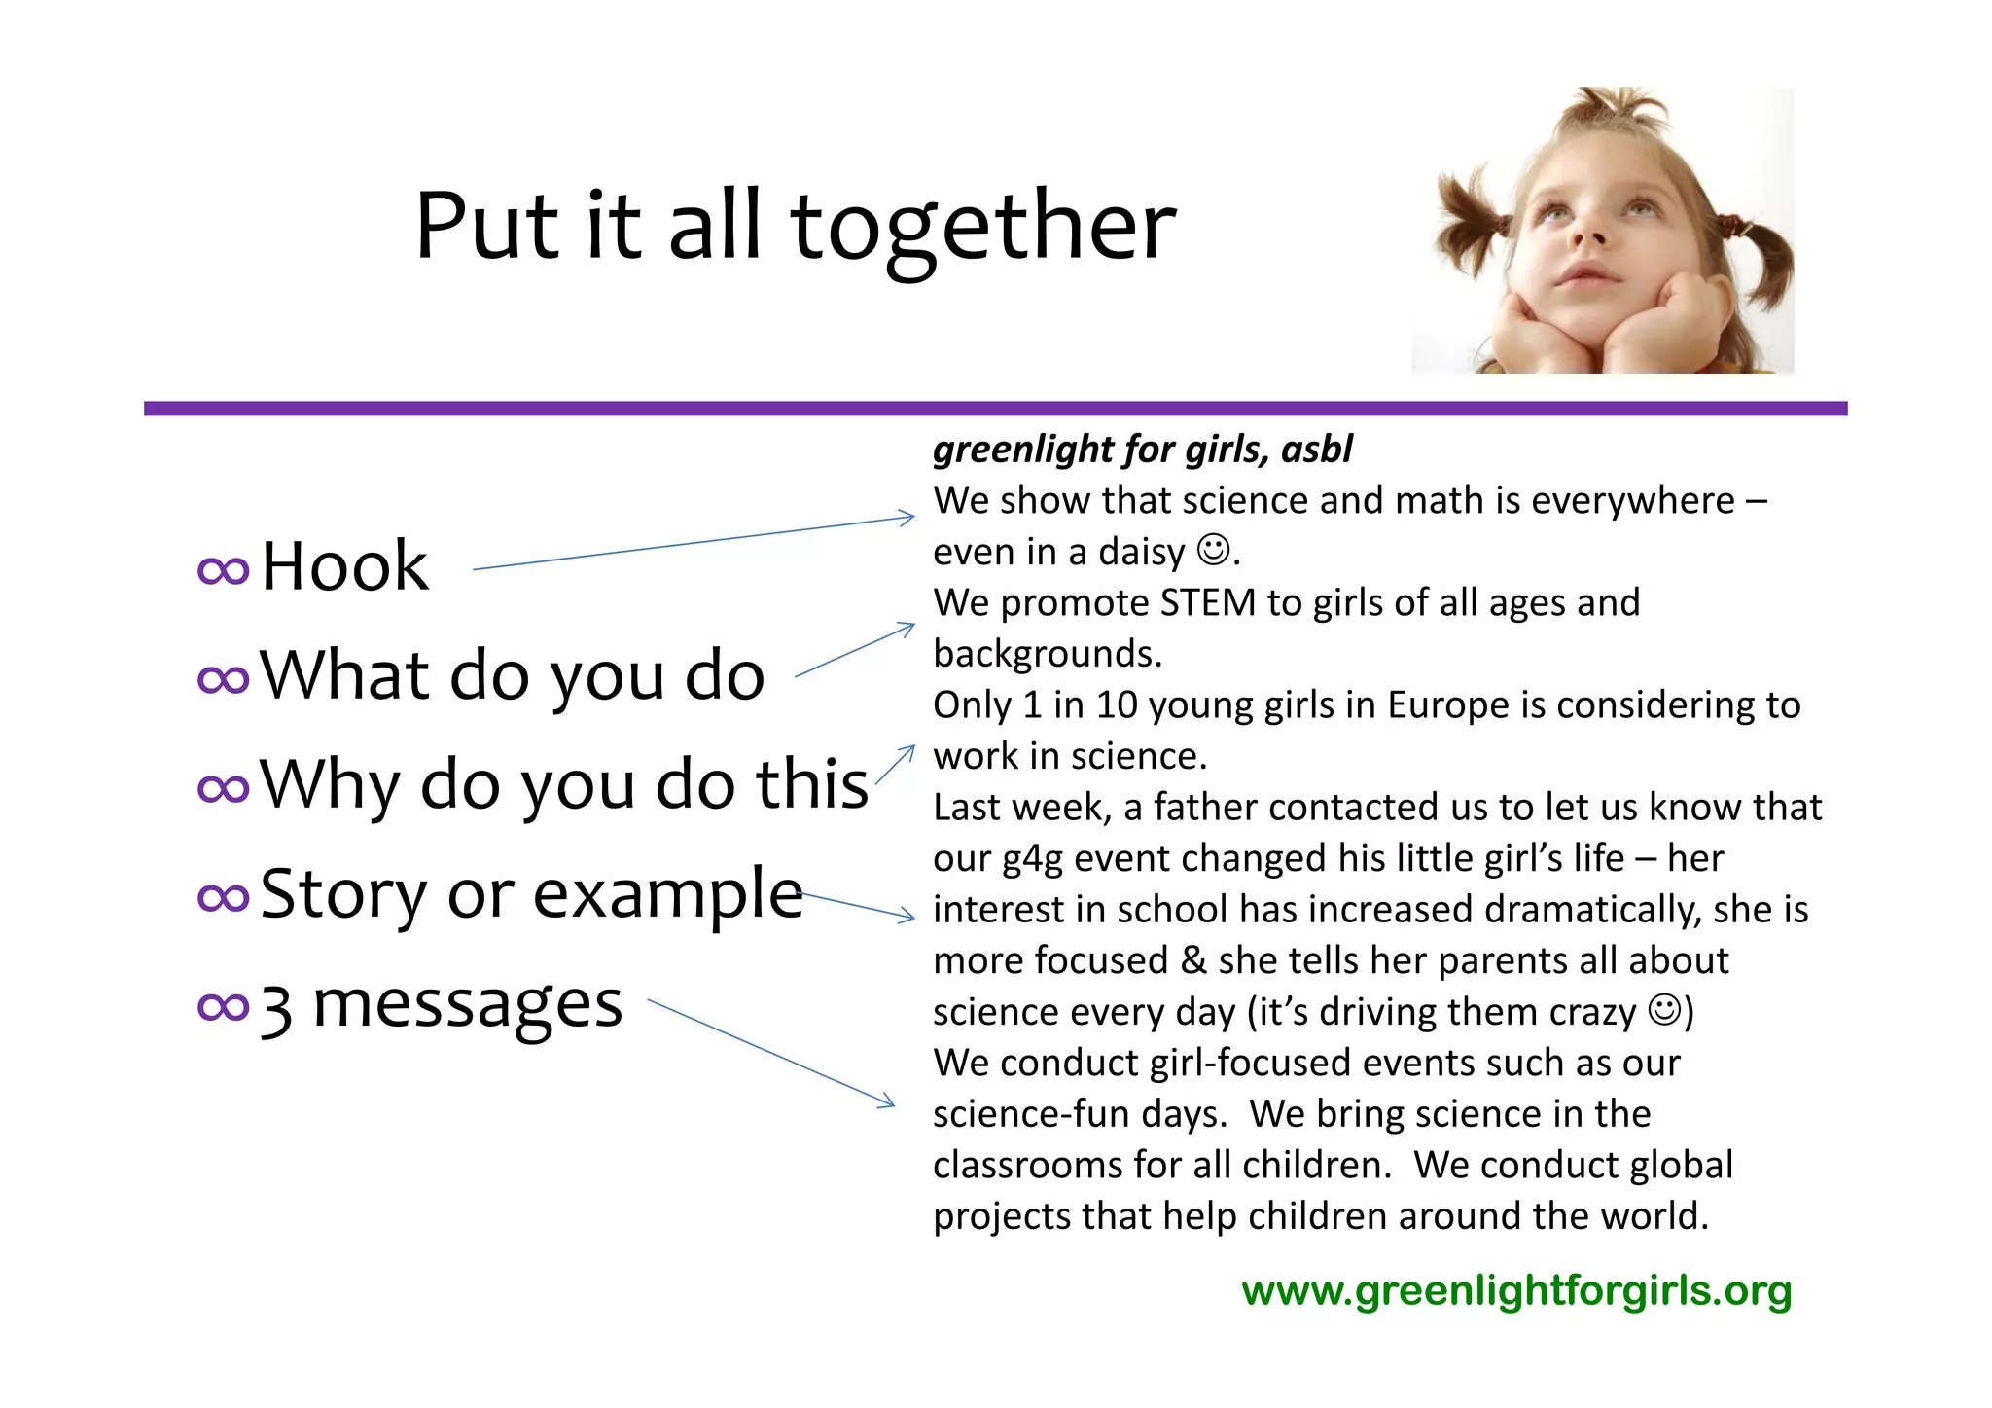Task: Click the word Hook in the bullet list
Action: (x=344, y=566)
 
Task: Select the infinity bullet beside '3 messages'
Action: (x=223, y=1007)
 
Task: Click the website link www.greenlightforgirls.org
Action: (x=1516, y=1291)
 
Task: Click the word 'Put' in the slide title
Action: (x=487, y=226)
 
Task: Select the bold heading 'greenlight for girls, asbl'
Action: (x=1142, y=450)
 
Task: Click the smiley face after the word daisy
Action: (x=1213, y=550)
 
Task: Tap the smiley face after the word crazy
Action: (x=1664, y=1010)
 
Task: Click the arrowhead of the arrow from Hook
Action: (x=907, y=518)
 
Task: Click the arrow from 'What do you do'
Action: (x=854, y=650)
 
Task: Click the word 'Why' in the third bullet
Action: (x=329, y=784)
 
